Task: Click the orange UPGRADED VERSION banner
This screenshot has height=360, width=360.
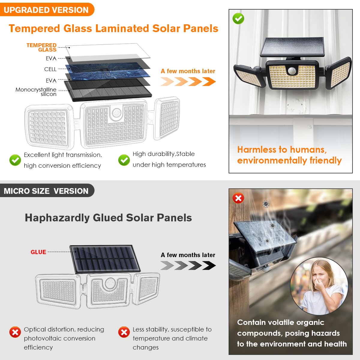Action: click(x=46, y=10)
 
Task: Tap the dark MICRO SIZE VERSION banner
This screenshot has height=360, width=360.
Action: click(x=46, y=191)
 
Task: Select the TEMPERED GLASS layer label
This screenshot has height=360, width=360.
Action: click(x=42, y=47)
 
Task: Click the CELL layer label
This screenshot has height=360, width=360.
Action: click(x=50, y=69)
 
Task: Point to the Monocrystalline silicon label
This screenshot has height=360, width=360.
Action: click(x=36, y=92)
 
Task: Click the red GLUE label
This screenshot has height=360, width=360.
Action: click(x=38, y=252)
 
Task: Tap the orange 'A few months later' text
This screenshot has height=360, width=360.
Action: click(x=188, y=71)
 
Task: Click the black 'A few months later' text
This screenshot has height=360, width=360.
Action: click(x=188, y=255)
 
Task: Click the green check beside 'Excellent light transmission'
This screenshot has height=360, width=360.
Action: click(x=15, y=160)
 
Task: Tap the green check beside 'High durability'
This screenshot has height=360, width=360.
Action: click(x=124, y=160)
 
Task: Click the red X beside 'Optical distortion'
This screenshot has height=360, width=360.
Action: click(x=15, y=332)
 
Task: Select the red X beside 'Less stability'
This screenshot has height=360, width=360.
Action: click(x=124, y=332)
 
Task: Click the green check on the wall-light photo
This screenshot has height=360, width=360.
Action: click(x=238, y=19)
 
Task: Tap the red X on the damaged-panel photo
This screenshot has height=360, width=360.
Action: click(x=238, y=198)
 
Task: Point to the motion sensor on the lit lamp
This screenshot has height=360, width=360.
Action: click(x=292, y=71)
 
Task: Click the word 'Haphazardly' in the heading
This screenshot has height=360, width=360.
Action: click(x=57, y=218)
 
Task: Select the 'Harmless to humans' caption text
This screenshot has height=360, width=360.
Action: click(x=282, y=150)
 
